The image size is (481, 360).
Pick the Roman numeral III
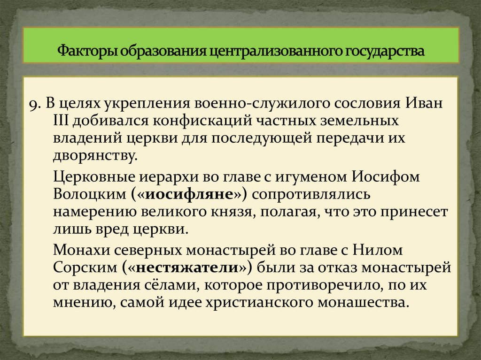click(x=62, y=121)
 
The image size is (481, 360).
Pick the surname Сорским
click(x=85, y=267)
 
